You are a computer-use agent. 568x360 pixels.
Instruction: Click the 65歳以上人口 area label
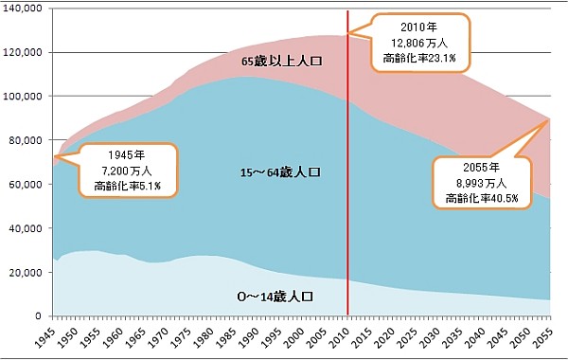coord(281,61)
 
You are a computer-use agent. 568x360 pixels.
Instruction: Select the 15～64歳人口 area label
coord(280,171)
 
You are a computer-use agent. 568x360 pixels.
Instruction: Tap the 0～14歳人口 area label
coord(275,297)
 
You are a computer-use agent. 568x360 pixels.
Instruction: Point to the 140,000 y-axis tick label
coord(23,8)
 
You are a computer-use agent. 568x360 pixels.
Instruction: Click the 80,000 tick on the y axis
coord(26,140)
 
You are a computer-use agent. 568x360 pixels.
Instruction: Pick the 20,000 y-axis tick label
coord(26,272)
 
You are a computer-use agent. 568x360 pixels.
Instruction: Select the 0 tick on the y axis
coord(38,316)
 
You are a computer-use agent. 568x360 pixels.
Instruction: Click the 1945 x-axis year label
coord(45,338)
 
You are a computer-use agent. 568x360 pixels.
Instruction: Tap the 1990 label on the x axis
coord(249,338)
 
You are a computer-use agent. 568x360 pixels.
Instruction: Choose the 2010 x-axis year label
coord(340,338)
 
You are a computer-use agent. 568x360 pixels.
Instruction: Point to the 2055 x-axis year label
coord(543,338)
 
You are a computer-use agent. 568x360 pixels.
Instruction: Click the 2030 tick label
coord(431,338)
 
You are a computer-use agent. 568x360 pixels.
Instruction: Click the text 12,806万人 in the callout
coord(419,43)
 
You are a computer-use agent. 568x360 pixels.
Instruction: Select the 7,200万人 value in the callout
coord(127,171)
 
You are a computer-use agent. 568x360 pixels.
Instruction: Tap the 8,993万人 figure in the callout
coord(481,183)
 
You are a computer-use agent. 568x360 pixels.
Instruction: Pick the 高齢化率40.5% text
coord(482,198)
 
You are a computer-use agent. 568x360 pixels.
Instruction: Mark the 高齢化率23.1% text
coord(419,58)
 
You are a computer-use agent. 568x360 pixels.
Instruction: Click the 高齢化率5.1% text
coord(127,186)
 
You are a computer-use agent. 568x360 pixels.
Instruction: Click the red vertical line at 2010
coord(347,163)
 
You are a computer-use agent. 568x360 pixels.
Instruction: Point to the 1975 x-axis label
coord(182,338)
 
